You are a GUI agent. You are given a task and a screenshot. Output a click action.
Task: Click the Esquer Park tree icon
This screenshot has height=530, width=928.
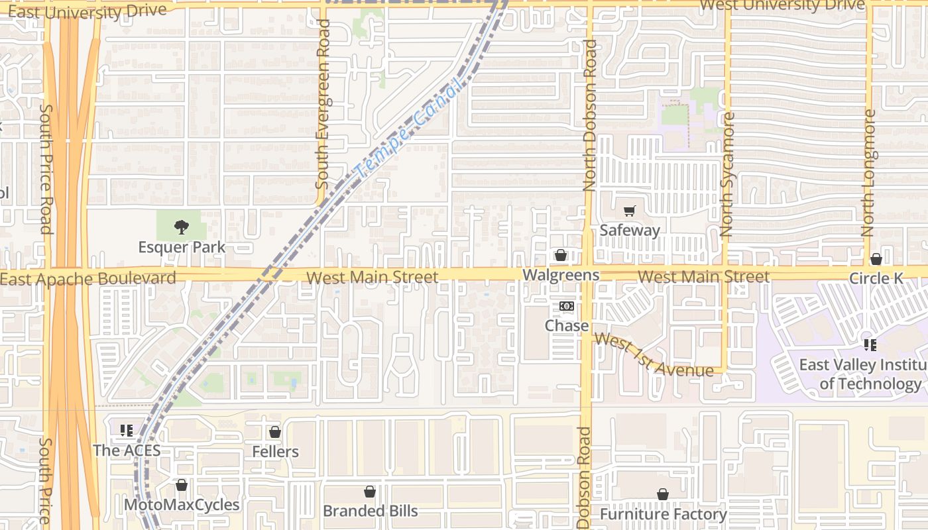pyautogui.click(x=181, y=228)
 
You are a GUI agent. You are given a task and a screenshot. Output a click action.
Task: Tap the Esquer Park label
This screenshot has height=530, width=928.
pyautogui.click(x=182, y=248)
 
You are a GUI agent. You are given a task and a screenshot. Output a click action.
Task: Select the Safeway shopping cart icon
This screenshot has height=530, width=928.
pyautogui.click(x=629, y=211)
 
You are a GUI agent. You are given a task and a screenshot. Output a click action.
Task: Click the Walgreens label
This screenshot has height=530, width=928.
pyautogui.click(x=561, y=275)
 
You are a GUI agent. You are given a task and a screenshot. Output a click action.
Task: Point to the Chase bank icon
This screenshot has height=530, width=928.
pyautogui.click(x=566, y=306)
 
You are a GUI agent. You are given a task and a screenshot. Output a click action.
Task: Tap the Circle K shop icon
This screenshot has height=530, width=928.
pyautogui.click(x=876, y=259)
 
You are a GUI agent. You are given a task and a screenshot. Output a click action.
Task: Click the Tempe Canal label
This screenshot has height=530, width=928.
pyautogui.click(x=407, y=132)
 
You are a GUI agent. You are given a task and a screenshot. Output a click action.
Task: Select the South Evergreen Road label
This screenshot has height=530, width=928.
pyautogui.click(x=323, y=103)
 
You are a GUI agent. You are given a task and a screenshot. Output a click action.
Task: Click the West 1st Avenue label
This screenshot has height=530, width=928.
pyautogui.click(x=653, y=356)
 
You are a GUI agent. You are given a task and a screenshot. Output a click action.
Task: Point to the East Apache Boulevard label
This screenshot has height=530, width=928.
pyautogui.click(x=88, y=278)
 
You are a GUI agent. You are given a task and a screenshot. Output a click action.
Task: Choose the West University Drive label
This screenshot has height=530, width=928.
pyautogui.click(x=782, y=5)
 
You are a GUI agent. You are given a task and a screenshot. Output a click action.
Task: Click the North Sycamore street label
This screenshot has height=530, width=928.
pyautogui.click(x=727, y=175)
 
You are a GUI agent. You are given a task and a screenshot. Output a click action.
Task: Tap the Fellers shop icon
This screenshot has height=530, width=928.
pyautogui.click(x=275, y=433)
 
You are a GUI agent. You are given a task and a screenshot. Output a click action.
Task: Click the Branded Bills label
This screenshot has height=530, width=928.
pyautogui.click(x=370, y=511)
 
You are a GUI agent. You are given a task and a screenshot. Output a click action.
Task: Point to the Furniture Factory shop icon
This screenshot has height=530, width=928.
pyautogui.click(x=662, y=494)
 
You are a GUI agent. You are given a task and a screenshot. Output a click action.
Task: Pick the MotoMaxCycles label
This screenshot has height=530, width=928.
pyautogui.click(x=182, y=505)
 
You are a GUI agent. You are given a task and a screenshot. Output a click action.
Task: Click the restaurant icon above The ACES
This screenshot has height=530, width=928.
pyautogui.click(x=126, y=431)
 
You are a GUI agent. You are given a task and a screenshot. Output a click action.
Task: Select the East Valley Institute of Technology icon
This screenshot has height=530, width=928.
pyautogui.click(x=870, y=345)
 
